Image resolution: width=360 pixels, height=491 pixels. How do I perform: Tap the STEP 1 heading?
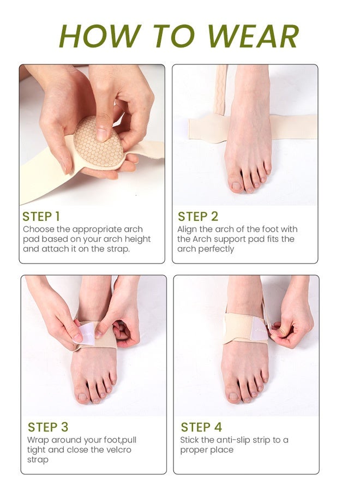point(41,217)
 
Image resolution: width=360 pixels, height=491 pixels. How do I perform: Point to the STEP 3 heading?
point(48,427)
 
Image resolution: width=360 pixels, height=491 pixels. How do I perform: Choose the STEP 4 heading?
point(201,427)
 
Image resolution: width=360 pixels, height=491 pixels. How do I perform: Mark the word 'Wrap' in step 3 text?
point(38,440)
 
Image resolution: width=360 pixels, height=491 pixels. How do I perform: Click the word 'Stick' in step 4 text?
point(190,440)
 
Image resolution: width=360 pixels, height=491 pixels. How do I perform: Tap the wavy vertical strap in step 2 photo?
point(221,90)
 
